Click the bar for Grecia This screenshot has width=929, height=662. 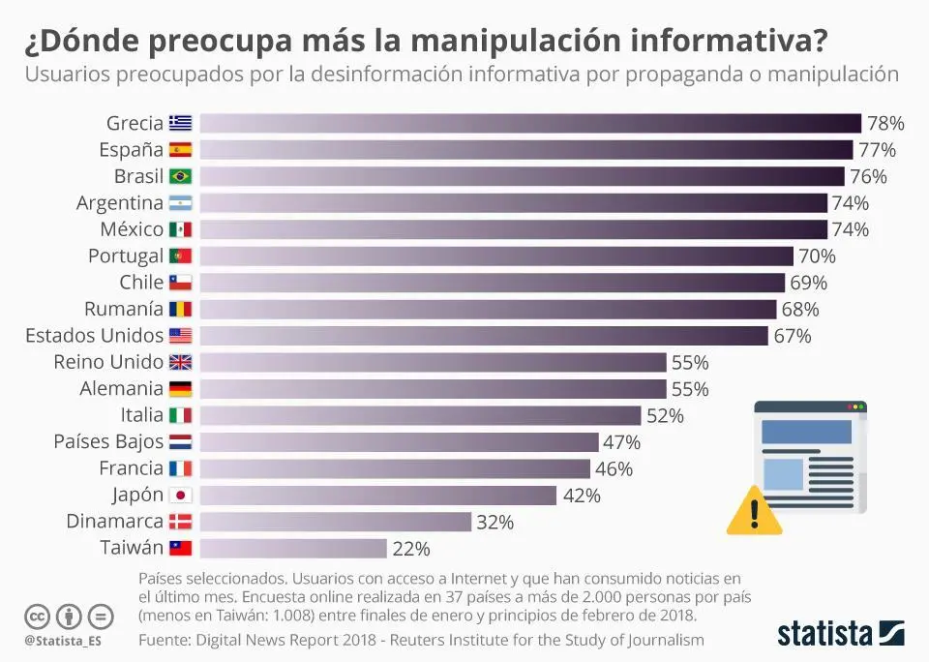point(529,123)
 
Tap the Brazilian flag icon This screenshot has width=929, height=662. point(181,176)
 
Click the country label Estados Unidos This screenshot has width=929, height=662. point(94,336)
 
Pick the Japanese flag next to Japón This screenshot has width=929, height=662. point(181,496)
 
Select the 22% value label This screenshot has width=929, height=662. point(410,549)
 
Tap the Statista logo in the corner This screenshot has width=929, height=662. point(840,634)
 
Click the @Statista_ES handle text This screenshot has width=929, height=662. point(64,641)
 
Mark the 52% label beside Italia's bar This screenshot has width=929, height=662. point(665,416)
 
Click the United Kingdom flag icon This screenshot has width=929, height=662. point(181,363)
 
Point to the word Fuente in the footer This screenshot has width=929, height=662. point(165,640)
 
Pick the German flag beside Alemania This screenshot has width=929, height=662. point(181,389)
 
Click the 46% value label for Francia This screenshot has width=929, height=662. point(614,469)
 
